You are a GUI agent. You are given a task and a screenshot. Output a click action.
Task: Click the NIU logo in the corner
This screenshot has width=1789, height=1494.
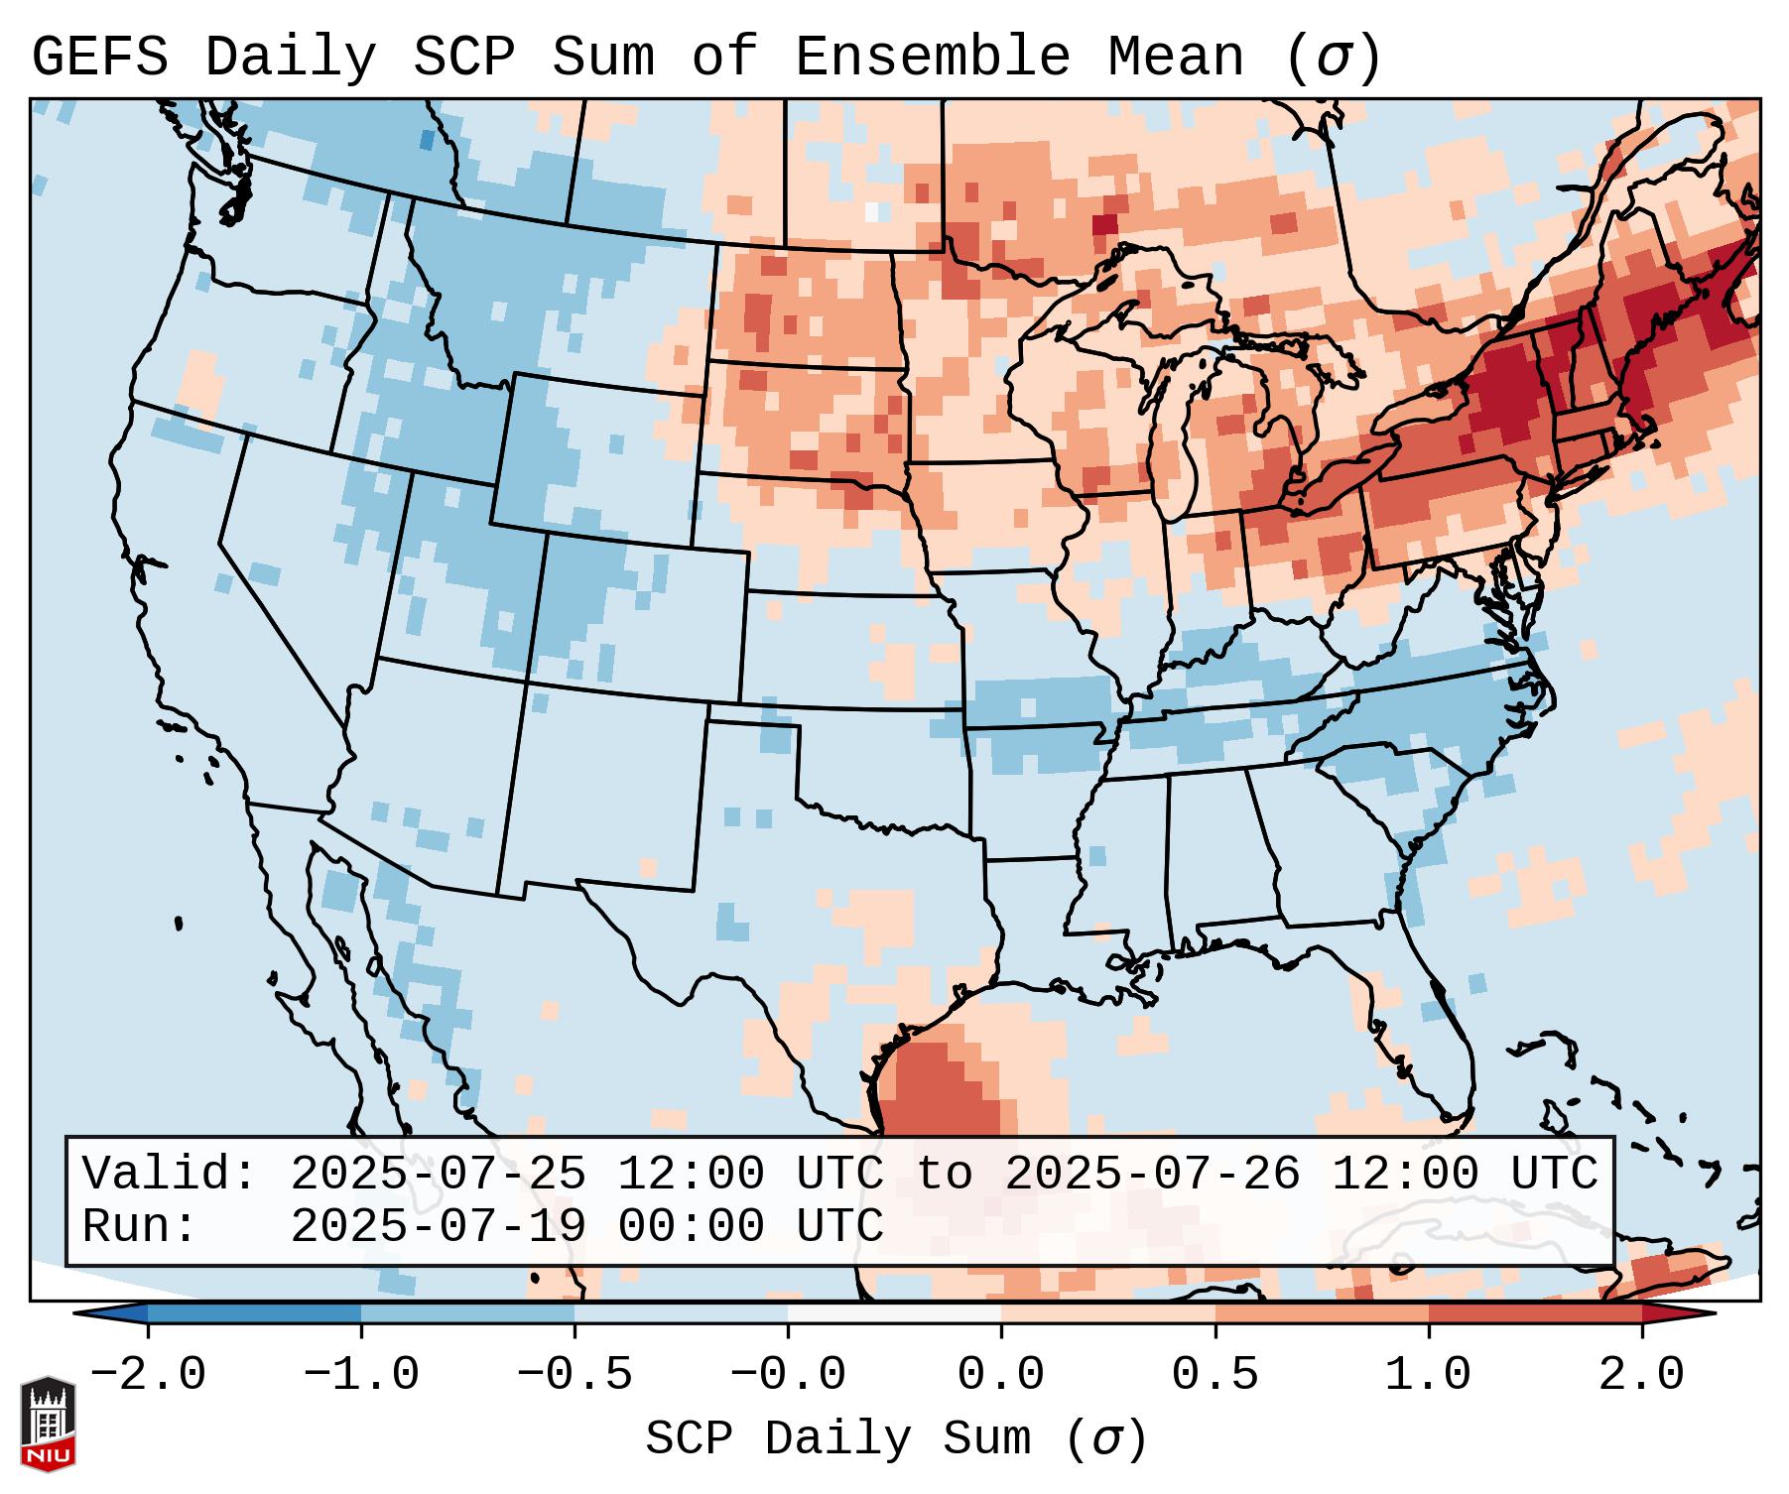(48, 1424)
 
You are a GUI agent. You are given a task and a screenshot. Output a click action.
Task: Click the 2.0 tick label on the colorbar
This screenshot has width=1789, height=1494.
(1641, 1375)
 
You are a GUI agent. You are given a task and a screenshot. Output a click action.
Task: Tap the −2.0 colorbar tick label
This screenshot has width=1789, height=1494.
(148, 1375)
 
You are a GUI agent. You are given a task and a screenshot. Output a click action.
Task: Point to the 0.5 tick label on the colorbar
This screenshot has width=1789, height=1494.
(1214, 1375)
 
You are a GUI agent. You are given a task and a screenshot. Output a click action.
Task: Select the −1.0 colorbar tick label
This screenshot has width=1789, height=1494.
(361, 1375)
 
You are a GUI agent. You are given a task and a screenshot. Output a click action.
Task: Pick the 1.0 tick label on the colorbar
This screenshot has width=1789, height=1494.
(1428, 1375)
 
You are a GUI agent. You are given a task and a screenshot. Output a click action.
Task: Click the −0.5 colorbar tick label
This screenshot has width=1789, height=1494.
(575, 1375)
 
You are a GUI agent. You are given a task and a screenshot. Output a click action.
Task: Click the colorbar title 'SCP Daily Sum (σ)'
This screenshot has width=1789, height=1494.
(895, 1439)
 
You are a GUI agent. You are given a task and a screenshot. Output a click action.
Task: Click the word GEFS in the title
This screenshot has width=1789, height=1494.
(100, 58)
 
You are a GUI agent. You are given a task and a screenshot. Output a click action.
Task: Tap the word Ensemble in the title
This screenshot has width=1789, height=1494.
(933, 58)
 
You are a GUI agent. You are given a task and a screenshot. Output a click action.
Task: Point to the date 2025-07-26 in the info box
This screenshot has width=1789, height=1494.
(1152, 1174)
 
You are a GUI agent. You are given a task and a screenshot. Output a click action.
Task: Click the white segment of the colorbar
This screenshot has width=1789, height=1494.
(894, 1313)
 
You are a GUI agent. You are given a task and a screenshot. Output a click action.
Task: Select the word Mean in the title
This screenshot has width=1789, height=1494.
(1176, 58)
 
